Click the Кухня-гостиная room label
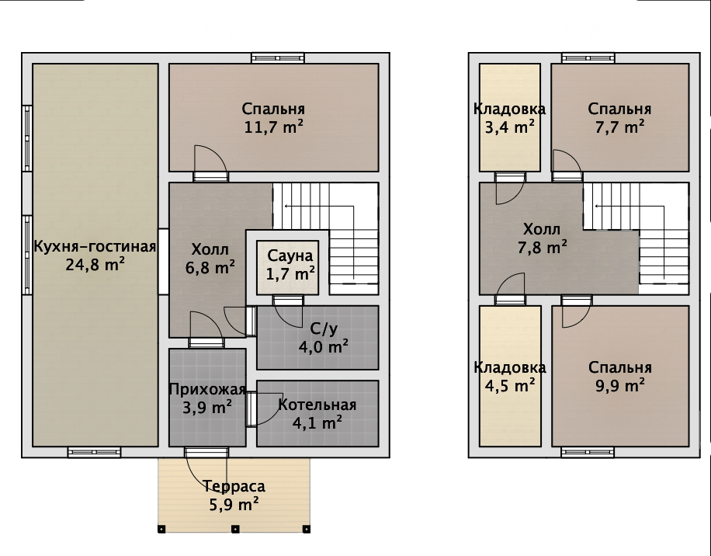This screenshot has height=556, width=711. pyautogui.click(x=95, y=247)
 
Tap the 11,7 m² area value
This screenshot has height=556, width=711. pyautogui.click(x=273, y=127)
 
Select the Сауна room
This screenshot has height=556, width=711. pyautogui.click(x=287, y=268)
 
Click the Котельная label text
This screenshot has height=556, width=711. pyautogui.click(x=317, y=405)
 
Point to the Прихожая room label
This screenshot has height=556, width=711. pyautogui.click(x=207, y=390)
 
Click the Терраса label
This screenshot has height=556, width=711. pyautogui.click(x=234, y=486)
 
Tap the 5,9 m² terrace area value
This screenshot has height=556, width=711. pyautogui.click(x=234, y=504)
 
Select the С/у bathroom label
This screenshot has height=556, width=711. pyautogui.click(x=324, y=328)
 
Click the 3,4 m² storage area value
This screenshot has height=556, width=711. pyautogui.click(x=510, y=127)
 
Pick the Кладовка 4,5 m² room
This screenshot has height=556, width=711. pyautogui.click(x=510, y=376)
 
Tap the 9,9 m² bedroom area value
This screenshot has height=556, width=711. pyautogui.click(x=620, y=386)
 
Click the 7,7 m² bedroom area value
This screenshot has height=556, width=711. pyautogui.click(x=620, y=127)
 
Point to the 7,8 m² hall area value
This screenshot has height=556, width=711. pyautogui.click(x=542, y=248)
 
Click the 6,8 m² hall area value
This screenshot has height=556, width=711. pyautogui.click(x=210, y=268)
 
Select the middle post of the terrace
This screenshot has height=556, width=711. pyautogui.click(x=235, y=529)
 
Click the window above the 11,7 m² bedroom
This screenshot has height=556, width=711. pyautogui.click(x=278, y=58)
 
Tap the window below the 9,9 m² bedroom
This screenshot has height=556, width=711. pyautogui.click(x=588, y=452)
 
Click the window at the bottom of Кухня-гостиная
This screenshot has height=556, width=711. pyautogui.click(x=95, y=452)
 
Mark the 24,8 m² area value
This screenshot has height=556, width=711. pyautogui.click(x=95, y=265)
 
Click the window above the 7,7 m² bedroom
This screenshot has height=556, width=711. pyautogui.click(x=588, y=58)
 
